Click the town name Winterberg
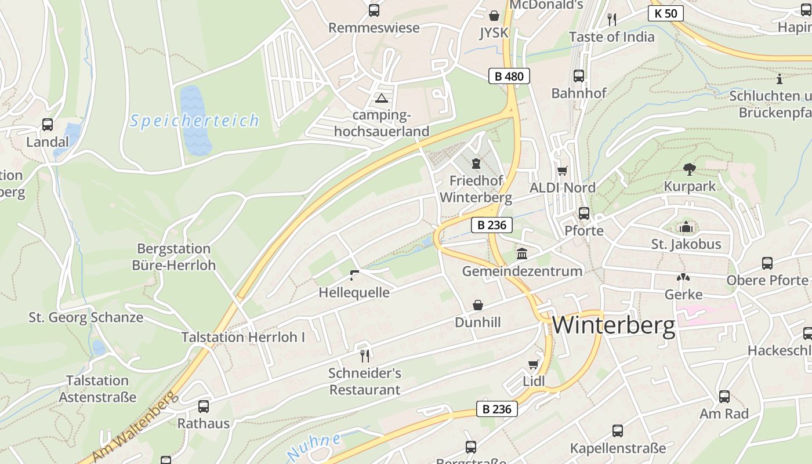(613, 326)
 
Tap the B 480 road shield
(509, 76)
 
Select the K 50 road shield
(665, 13)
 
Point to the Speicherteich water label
(194, 121)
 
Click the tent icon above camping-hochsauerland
(381, 97)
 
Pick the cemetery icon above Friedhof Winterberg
(476, 163)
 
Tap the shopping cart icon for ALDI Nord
(561, 171)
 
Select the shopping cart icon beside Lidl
(534, 364)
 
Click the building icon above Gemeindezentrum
(522, 254)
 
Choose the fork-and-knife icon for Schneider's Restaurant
(364, 355)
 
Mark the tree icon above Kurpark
(689, 169)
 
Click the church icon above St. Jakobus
(686, 227)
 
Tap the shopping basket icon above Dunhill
(478, 305)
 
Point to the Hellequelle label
(354, 292)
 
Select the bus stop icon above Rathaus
(204, 406)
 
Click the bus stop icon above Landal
(48, 124)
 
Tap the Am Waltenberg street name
(134, 426)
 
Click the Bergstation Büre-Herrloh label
(173, 257)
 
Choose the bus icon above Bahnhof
(578, 75)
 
